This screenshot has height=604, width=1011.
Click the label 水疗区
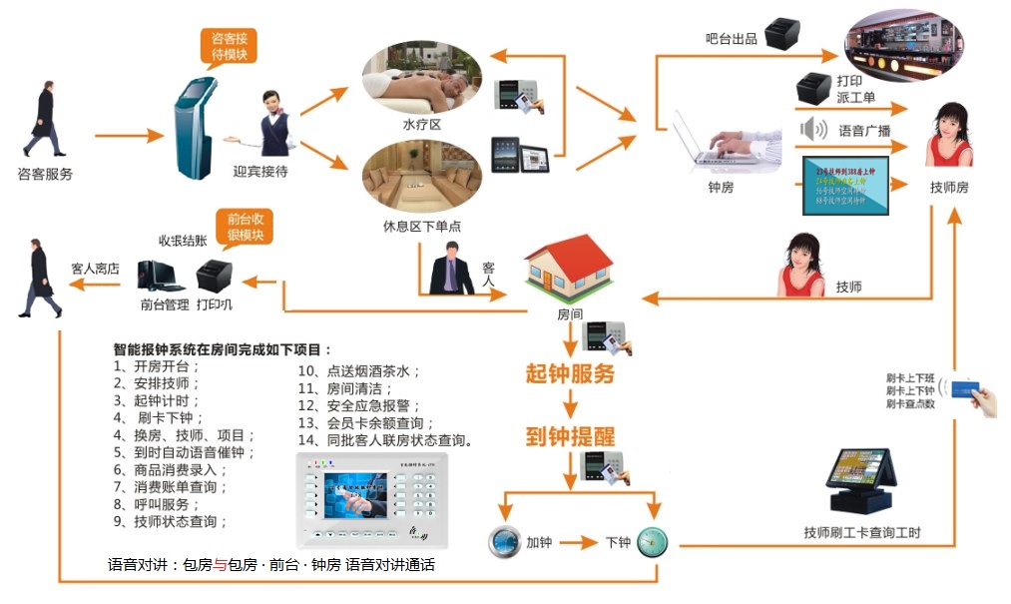point(421,124)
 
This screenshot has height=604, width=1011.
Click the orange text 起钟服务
point(570,374)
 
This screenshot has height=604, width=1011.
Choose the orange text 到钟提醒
point(570,436)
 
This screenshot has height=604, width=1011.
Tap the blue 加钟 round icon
point(503,542)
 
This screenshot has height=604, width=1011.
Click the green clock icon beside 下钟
point(652,542)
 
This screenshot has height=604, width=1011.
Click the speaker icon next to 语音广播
point(814,129)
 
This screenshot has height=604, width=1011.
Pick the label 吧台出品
point(732,39)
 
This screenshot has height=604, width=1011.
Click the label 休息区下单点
point(422,225)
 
